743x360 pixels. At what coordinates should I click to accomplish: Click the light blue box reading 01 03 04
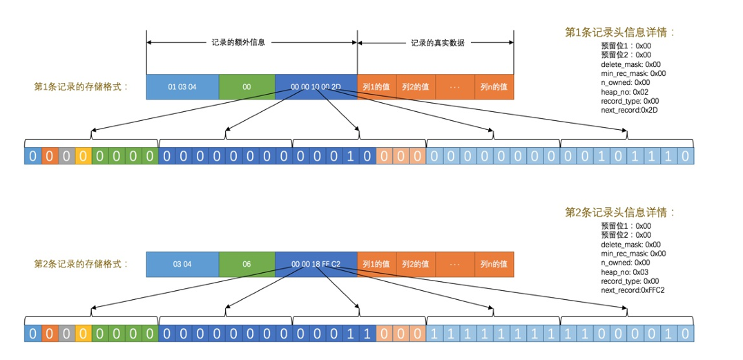[182, 86]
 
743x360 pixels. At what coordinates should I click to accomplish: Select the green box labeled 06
[247, 264]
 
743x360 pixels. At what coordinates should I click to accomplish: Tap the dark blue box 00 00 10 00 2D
[316, 86]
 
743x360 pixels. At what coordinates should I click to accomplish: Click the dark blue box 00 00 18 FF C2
[316, 264]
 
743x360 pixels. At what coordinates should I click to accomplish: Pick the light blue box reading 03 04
[182, 264]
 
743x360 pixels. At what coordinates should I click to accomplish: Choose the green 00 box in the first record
[247, 86]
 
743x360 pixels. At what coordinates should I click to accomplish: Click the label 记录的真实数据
[437, 42]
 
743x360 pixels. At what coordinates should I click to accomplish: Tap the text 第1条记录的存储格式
[81, 86]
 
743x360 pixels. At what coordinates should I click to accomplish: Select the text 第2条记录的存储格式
[81, 264]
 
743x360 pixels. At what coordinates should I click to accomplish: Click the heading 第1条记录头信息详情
[619, 32]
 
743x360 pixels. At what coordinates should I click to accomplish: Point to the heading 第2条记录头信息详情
[619, 211]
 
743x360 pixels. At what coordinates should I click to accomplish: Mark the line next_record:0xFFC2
[633, 290]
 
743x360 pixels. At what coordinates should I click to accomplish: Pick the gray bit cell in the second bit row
[66, 334]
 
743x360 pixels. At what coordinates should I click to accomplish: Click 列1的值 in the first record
[377, 86]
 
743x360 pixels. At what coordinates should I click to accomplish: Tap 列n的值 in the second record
[494, 264]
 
